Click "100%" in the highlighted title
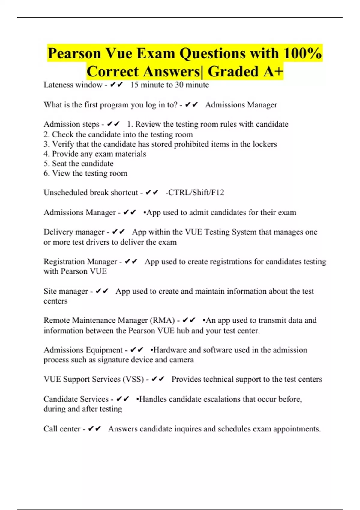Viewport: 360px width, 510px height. [x=302, y=53]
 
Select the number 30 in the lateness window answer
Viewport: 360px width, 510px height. [x=179, y=85]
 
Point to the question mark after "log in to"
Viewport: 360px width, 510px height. [x=176, y=105]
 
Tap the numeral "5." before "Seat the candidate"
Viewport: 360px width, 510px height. [x=46, y=163]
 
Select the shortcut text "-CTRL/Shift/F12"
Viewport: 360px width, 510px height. [x=195, y=193]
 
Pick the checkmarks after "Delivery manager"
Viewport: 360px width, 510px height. [x=118, y=232]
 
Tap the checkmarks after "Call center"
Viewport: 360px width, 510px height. [x=94, y=429]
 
